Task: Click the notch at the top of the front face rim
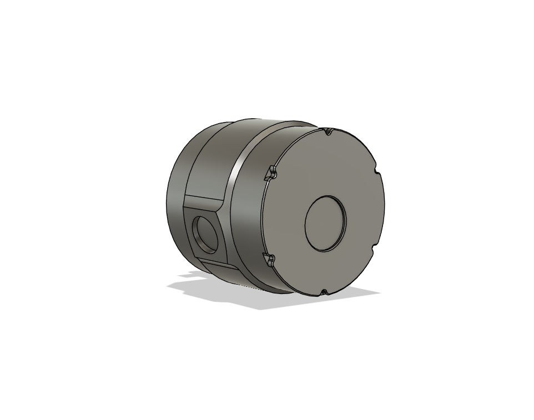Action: click(328, 131)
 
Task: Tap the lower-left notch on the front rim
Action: click(270, 259)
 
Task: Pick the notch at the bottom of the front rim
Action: click(324, 291)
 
